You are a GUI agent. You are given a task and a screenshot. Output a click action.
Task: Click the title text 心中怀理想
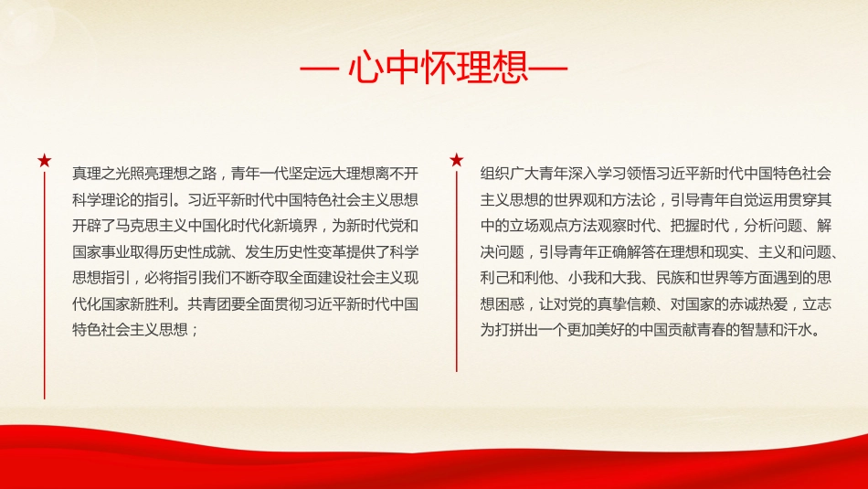click(x=433, y=71)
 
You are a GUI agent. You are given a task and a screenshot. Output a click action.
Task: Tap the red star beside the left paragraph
click(x=45, y=162)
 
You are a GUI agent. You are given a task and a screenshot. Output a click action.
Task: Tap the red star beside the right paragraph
click(x=457, y=161)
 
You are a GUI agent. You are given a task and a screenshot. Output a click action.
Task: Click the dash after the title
click(x=549, y=71)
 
